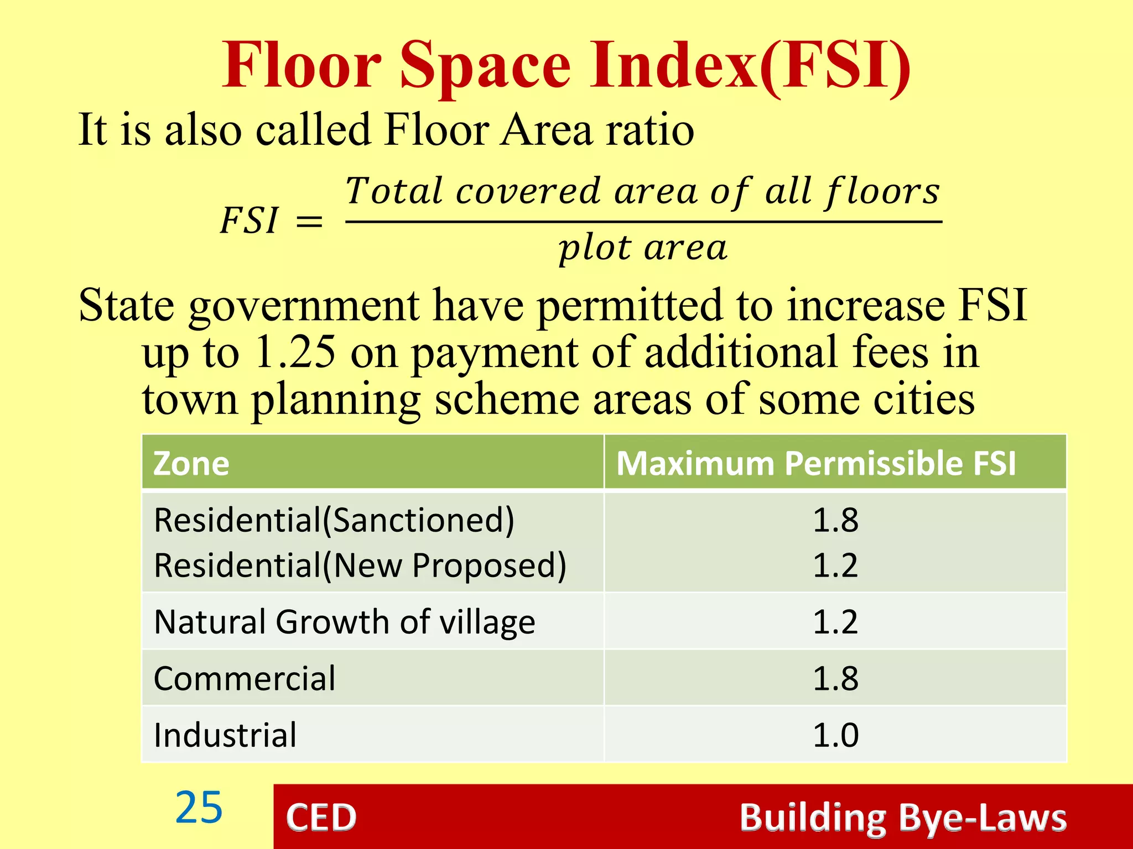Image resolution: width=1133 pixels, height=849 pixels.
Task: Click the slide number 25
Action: click(x=199, y=808)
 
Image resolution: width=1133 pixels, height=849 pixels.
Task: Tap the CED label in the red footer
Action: click(x=321, y=817)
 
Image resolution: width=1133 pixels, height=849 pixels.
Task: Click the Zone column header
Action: click(x=191, y=463)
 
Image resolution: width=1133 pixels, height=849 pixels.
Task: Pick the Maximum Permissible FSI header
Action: click(x=816, y=463)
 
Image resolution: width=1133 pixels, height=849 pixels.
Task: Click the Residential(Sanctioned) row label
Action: click(x=334, y=520)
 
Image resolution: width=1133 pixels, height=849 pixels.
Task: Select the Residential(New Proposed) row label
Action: click(x=360, y=565)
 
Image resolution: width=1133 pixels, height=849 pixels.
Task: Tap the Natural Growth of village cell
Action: click(x=345, y=622)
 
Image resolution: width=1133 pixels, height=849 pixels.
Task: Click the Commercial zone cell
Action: click(x=245, y=678)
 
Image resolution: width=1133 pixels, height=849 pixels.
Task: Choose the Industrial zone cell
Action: click(x=225, y=735)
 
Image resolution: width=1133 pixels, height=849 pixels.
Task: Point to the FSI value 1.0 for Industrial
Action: click(x=835, y=735)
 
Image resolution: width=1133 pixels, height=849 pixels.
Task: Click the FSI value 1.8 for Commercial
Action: click(x=835, y=678)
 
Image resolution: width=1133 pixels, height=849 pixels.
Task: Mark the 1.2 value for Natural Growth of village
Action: click(x=835, y=622)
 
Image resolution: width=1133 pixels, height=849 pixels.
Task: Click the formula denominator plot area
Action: click(x=643, y=248)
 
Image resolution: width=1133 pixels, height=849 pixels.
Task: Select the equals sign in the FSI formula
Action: click(x=309, y=222)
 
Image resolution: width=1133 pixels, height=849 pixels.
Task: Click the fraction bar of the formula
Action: click(x=643, y=222)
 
